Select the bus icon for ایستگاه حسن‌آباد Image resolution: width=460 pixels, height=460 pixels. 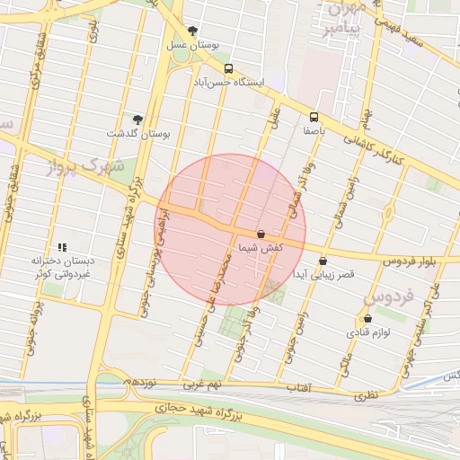(228, 68)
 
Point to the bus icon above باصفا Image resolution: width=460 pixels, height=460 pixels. (314, 117)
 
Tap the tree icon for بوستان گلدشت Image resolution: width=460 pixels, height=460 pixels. (137, 119)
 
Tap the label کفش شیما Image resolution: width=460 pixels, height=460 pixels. (261, 246)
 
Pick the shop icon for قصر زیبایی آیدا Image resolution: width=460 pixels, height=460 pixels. (323, 261)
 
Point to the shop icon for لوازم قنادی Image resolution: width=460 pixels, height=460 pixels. (367, 319)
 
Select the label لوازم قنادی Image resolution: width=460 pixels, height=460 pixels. (367, 332)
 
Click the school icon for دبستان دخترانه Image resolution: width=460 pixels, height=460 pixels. (62, 247)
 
